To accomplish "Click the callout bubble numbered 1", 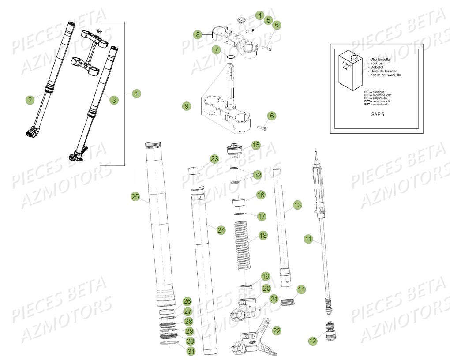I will pos(137,94).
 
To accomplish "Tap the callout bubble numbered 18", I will pos(263,236).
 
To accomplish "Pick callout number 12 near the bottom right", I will pos(313,341).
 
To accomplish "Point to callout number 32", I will pos(258,175).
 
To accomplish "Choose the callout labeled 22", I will pos(277,330).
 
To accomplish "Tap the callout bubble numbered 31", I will pos(190,352).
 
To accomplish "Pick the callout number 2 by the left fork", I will pos(30,100).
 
